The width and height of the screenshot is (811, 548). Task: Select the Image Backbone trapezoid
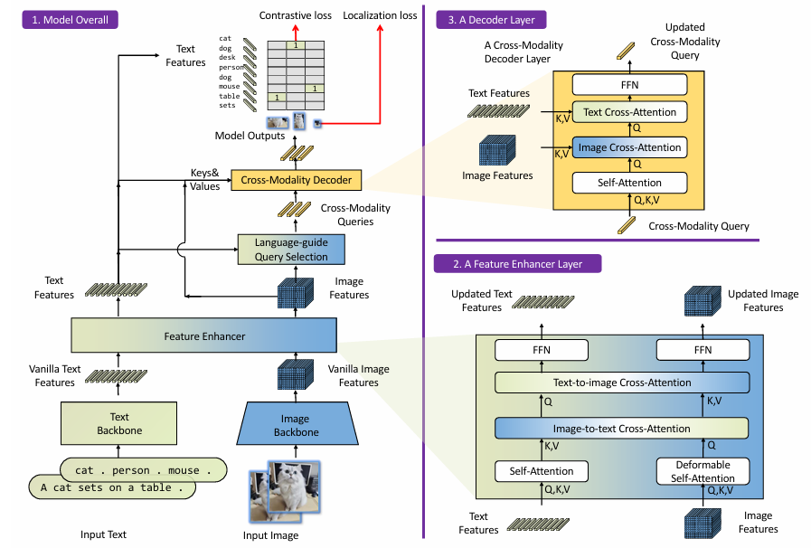click(x=295, y=425)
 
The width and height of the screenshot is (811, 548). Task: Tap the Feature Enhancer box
click(x=204, y=336)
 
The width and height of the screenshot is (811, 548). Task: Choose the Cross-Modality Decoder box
click(x=296, y=181)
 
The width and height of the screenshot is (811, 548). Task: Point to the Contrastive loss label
click(x=296, y=16)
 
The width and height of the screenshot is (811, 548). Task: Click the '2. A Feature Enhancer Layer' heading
click(x=519, y=264)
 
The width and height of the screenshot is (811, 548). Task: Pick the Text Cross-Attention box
click(x=630, y=112)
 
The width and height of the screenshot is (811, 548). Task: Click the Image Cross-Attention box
click(x=630, y=146)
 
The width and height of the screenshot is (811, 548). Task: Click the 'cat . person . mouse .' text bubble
click(x=143, y=470)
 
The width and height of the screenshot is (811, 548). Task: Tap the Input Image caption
click(x=270, y=535)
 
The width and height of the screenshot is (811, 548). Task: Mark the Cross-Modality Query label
click(x=699, y=226)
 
